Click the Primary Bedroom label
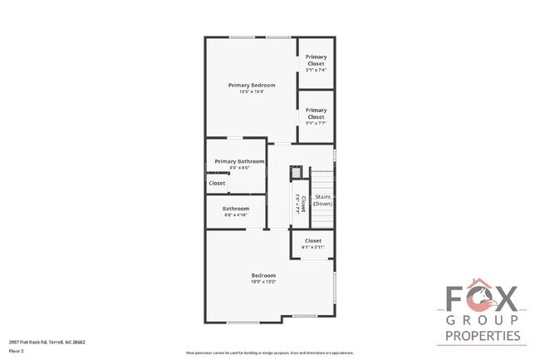click(x=252, y=85)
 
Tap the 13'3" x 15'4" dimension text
click(x=252, y=91)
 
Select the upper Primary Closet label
click(x=316, y=60)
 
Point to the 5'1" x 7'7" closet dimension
click(x=316, y=123)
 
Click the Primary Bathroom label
click(x=239, y=161)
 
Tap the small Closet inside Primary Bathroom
click(x=217, y=183)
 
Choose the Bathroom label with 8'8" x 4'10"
click(x=236, y=209)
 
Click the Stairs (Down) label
click(x=323, y=200)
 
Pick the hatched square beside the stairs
click(x=295, y=174)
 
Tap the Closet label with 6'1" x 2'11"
click(x=312, y=241)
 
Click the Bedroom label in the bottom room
click(x=264, y=275)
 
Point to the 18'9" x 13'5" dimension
click(x=264, y=282)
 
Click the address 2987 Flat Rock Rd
click(x=47, y=342)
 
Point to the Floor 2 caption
click(x=17, y=350)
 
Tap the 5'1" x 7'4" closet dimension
click(x=316, y=69)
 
